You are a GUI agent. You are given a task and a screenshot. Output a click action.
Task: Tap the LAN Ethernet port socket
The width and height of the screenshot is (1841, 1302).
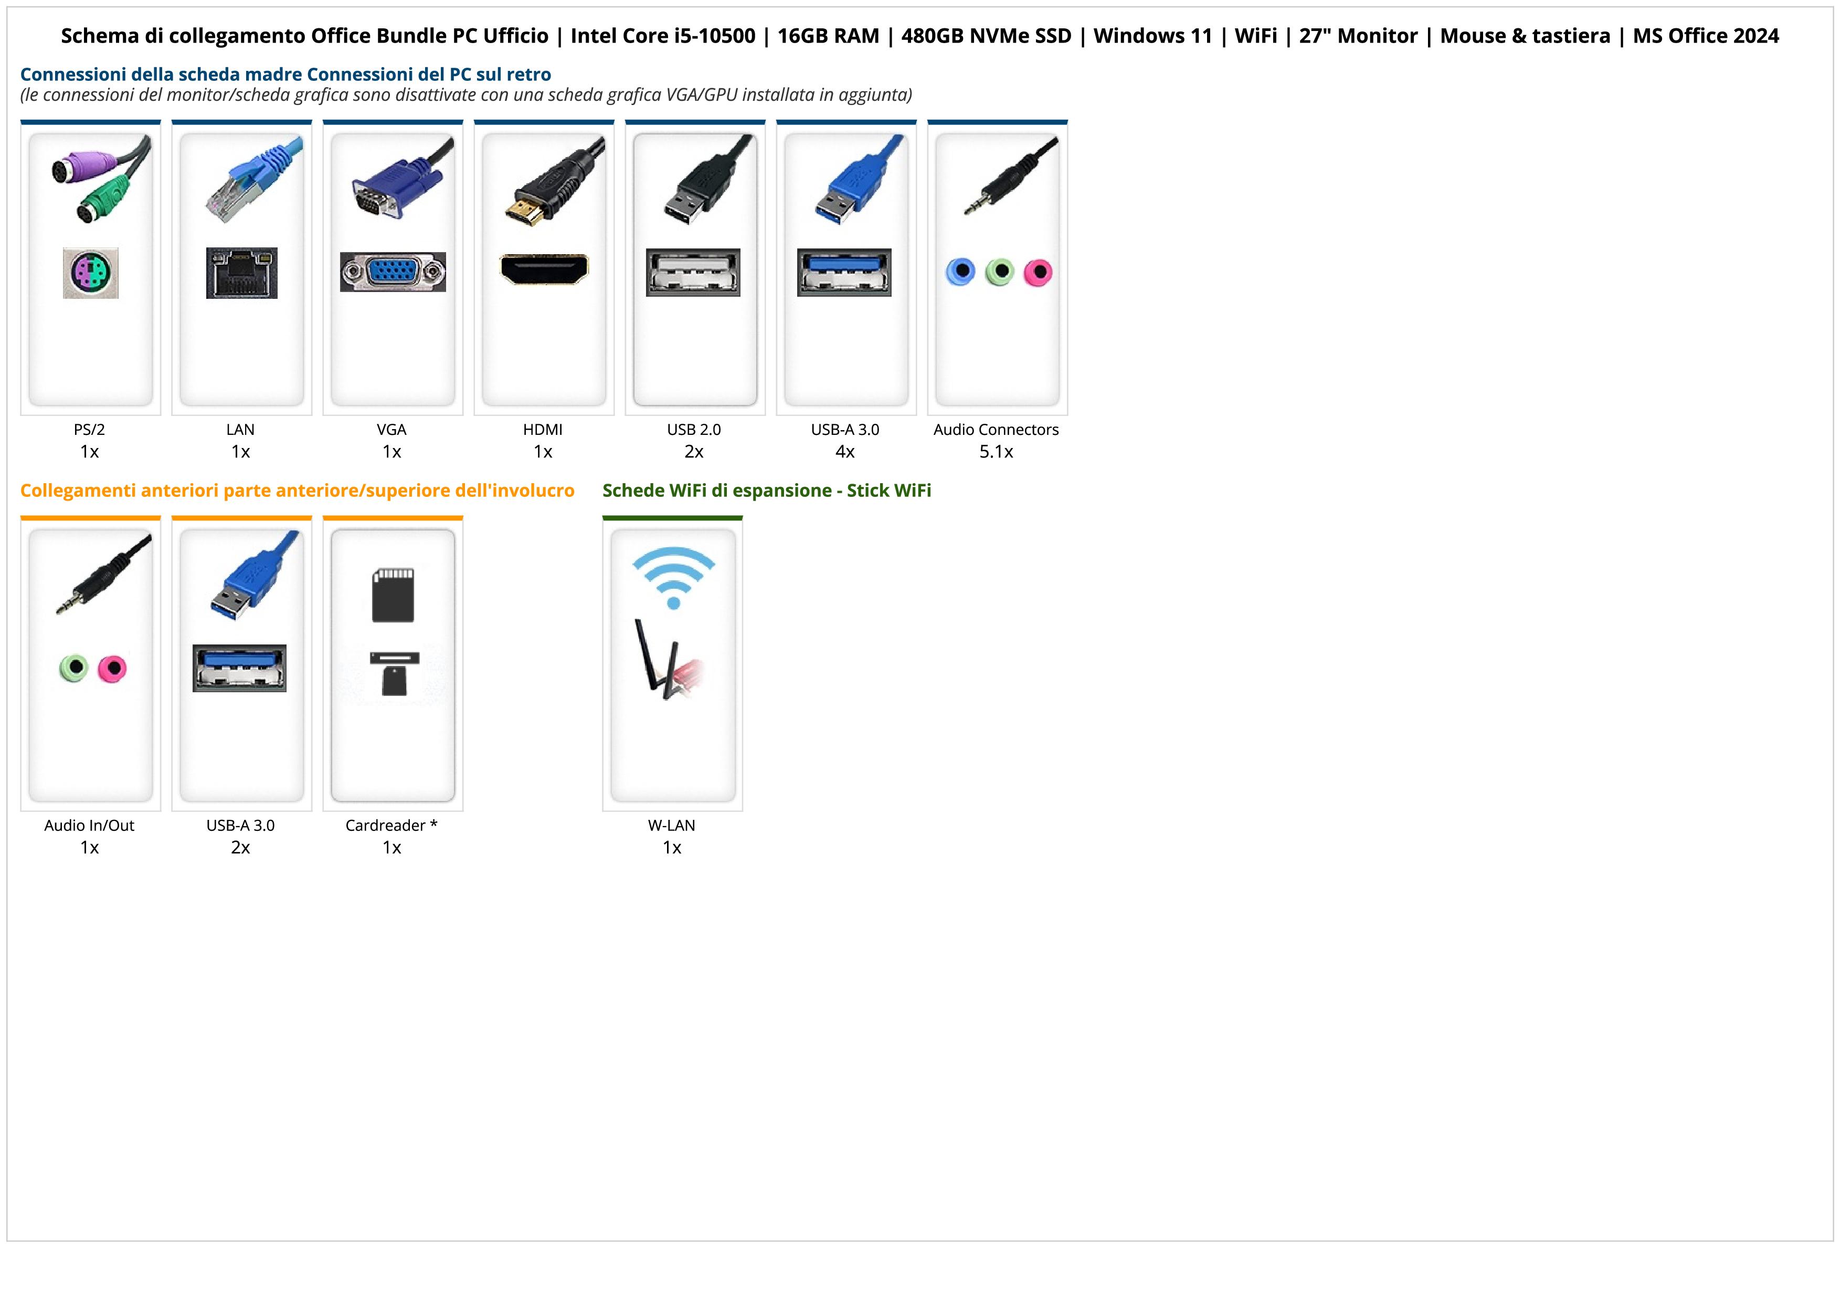coord(241,273)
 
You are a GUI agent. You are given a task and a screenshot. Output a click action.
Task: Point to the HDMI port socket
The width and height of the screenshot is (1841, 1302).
coord(544,269)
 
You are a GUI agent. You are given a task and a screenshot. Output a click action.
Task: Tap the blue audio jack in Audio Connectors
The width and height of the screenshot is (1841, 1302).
coord(960,272)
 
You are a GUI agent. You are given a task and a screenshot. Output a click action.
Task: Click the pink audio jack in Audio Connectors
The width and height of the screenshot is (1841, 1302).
coord(1038,273)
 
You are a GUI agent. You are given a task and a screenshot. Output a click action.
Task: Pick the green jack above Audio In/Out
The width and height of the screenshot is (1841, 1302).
coord(74,668)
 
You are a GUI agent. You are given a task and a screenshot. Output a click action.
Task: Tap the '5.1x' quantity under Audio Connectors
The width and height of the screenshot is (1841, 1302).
coord(996,452)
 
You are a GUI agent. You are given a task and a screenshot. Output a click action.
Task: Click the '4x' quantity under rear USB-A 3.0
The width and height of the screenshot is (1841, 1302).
coord(845,452)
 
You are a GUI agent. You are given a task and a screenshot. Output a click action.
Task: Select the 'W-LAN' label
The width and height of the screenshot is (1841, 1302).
coord(672,826)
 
